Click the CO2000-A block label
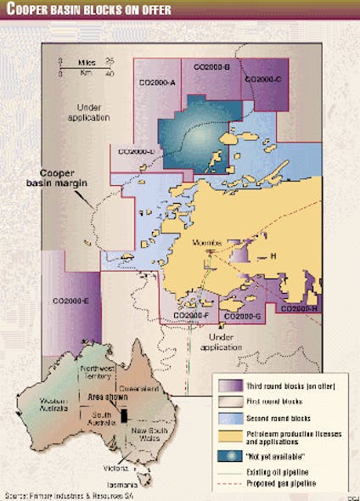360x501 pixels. pyautogui.click(x=156, y=82)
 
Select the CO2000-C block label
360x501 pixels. pyautogui.click(x=262, y=79)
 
